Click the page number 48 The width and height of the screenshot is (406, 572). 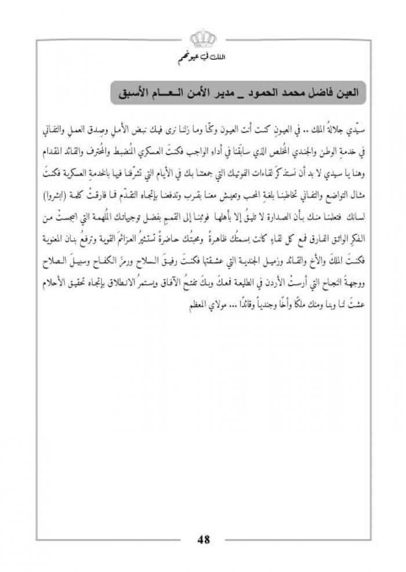click(203, 540)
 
